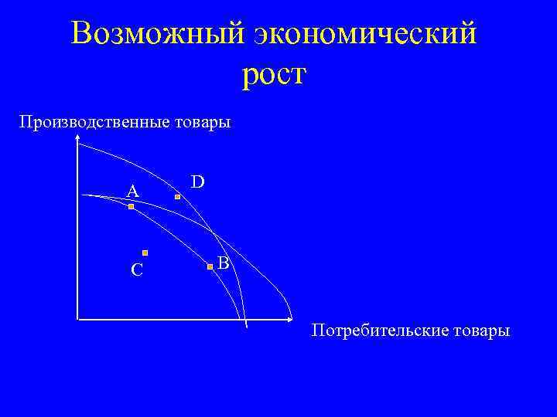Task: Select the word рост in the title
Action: (x=275, y=75)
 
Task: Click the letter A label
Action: (x=133, y=191)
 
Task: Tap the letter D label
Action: (x=198, y=181)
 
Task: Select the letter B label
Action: (x=223, y=263)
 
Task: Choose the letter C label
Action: (x=136, y=270)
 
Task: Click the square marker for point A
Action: (x=132, y=207)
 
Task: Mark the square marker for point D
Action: (x=177, y=198)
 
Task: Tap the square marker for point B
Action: (x=210, y=267)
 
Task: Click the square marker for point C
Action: (x=145, y=253)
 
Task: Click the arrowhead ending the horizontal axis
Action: (x=291, y=317)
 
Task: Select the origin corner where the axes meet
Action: (x=78, y=317)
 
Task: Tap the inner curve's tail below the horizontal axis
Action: (x=246, y=325)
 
